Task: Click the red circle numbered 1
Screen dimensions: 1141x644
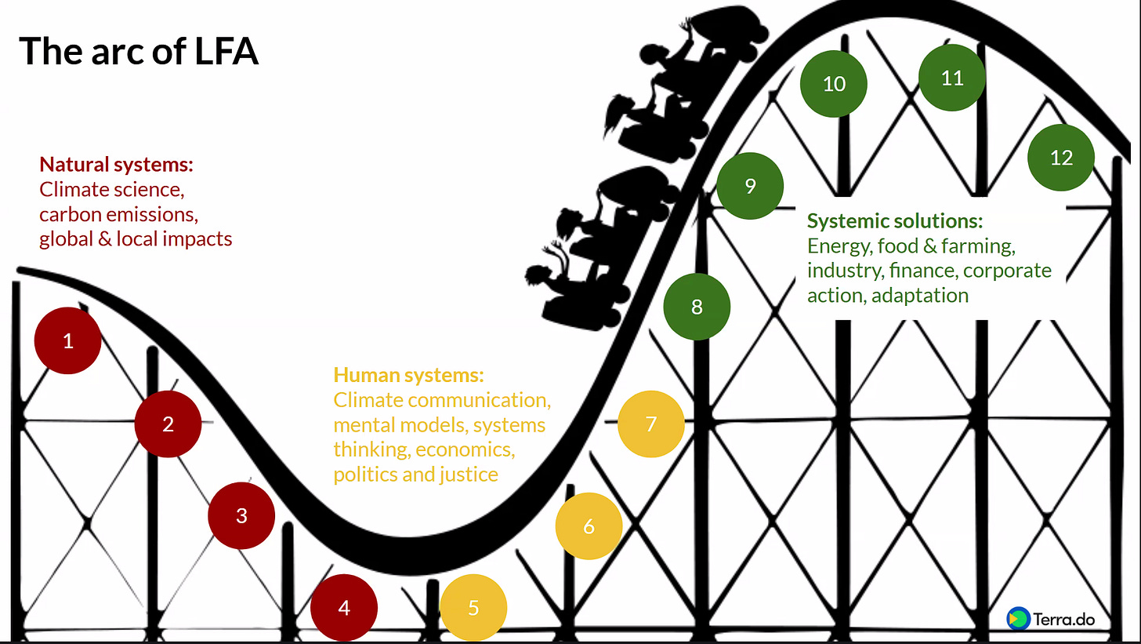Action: [x=68, y=341]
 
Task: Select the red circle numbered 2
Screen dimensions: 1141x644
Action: [x=168, y=424]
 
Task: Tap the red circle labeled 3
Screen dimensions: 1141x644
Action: [x=241, y=515]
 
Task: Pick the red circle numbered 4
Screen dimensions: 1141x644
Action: [x=344, y=608]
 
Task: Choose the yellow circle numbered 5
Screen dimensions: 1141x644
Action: [x=473, y=608]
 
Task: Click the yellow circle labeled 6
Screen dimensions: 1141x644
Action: [x=589, y=526]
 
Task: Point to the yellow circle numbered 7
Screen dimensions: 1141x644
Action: [x=651, y=424]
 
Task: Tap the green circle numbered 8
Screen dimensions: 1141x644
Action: [x=697, y=307]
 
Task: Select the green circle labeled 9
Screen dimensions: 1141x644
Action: [x=750, y=186]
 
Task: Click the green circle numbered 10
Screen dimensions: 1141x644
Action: [x=834, y=83]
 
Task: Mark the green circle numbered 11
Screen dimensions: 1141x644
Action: [x=952, y=78]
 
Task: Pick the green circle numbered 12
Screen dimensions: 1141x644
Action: [x=1061, y=158]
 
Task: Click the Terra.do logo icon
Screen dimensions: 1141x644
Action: [x=1017, y=618]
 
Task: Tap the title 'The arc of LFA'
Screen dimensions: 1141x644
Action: [x=139, y=52]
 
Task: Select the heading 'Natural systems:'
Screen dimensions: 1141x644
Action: [x=116, y=165]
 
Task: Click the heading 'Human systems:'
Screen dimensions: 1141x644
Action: [x=408, y=374]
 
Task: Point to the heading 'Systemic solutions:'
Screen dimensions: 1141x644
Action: [x=894, y=220]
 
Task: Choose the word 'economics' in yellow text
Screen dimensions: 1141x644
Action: [x=465, y=449]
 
